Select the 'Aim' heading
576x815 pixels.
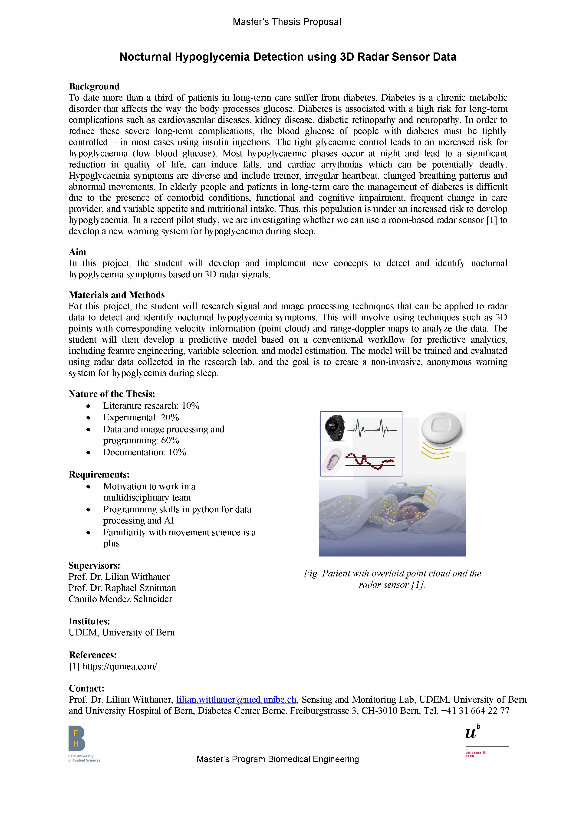(x=77, y=252)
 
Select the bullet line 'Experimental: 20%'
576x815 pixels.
(x=141, y=417)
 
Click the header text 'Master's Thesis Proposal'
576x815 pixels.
(x=287, y=22)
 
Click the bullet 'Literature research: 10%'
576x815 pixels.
(x=151, y=406)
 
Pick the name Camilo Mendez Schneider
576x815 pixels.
(x=120, y=599)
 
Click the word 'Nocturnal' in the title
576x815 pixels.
(x=145, y=57)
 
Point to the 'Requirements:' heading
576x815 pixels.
(x=99, y=475)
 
